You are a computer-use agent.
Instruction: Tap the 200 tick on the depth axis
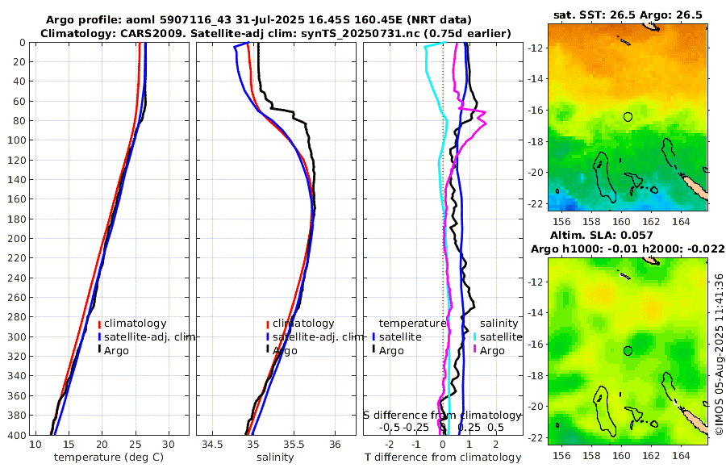point(17,239)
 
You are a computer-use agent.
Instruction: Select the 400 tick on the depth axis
point(17,435)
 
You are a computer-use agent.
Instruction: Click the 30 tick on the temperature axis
point(168,445)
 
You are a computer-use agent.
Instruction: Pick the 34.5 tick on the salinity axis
point(213,445)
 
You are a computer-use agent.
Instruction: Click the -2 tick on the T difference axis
point(390,445)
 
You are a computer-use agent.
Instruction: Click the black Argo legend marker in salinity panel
point(267,350)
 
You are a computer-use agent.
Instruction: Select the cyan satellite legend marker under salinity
point(474,336)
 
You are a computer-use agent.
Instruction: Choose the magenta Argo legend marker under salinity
point(474,350)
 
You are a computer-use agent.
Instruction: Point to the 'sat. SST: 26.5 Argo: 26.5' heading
point(627,15)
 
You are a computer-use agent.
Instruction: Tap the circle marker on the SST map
point(628,117)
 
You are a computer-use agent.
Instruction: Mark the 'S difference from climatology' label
point(442,415)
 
